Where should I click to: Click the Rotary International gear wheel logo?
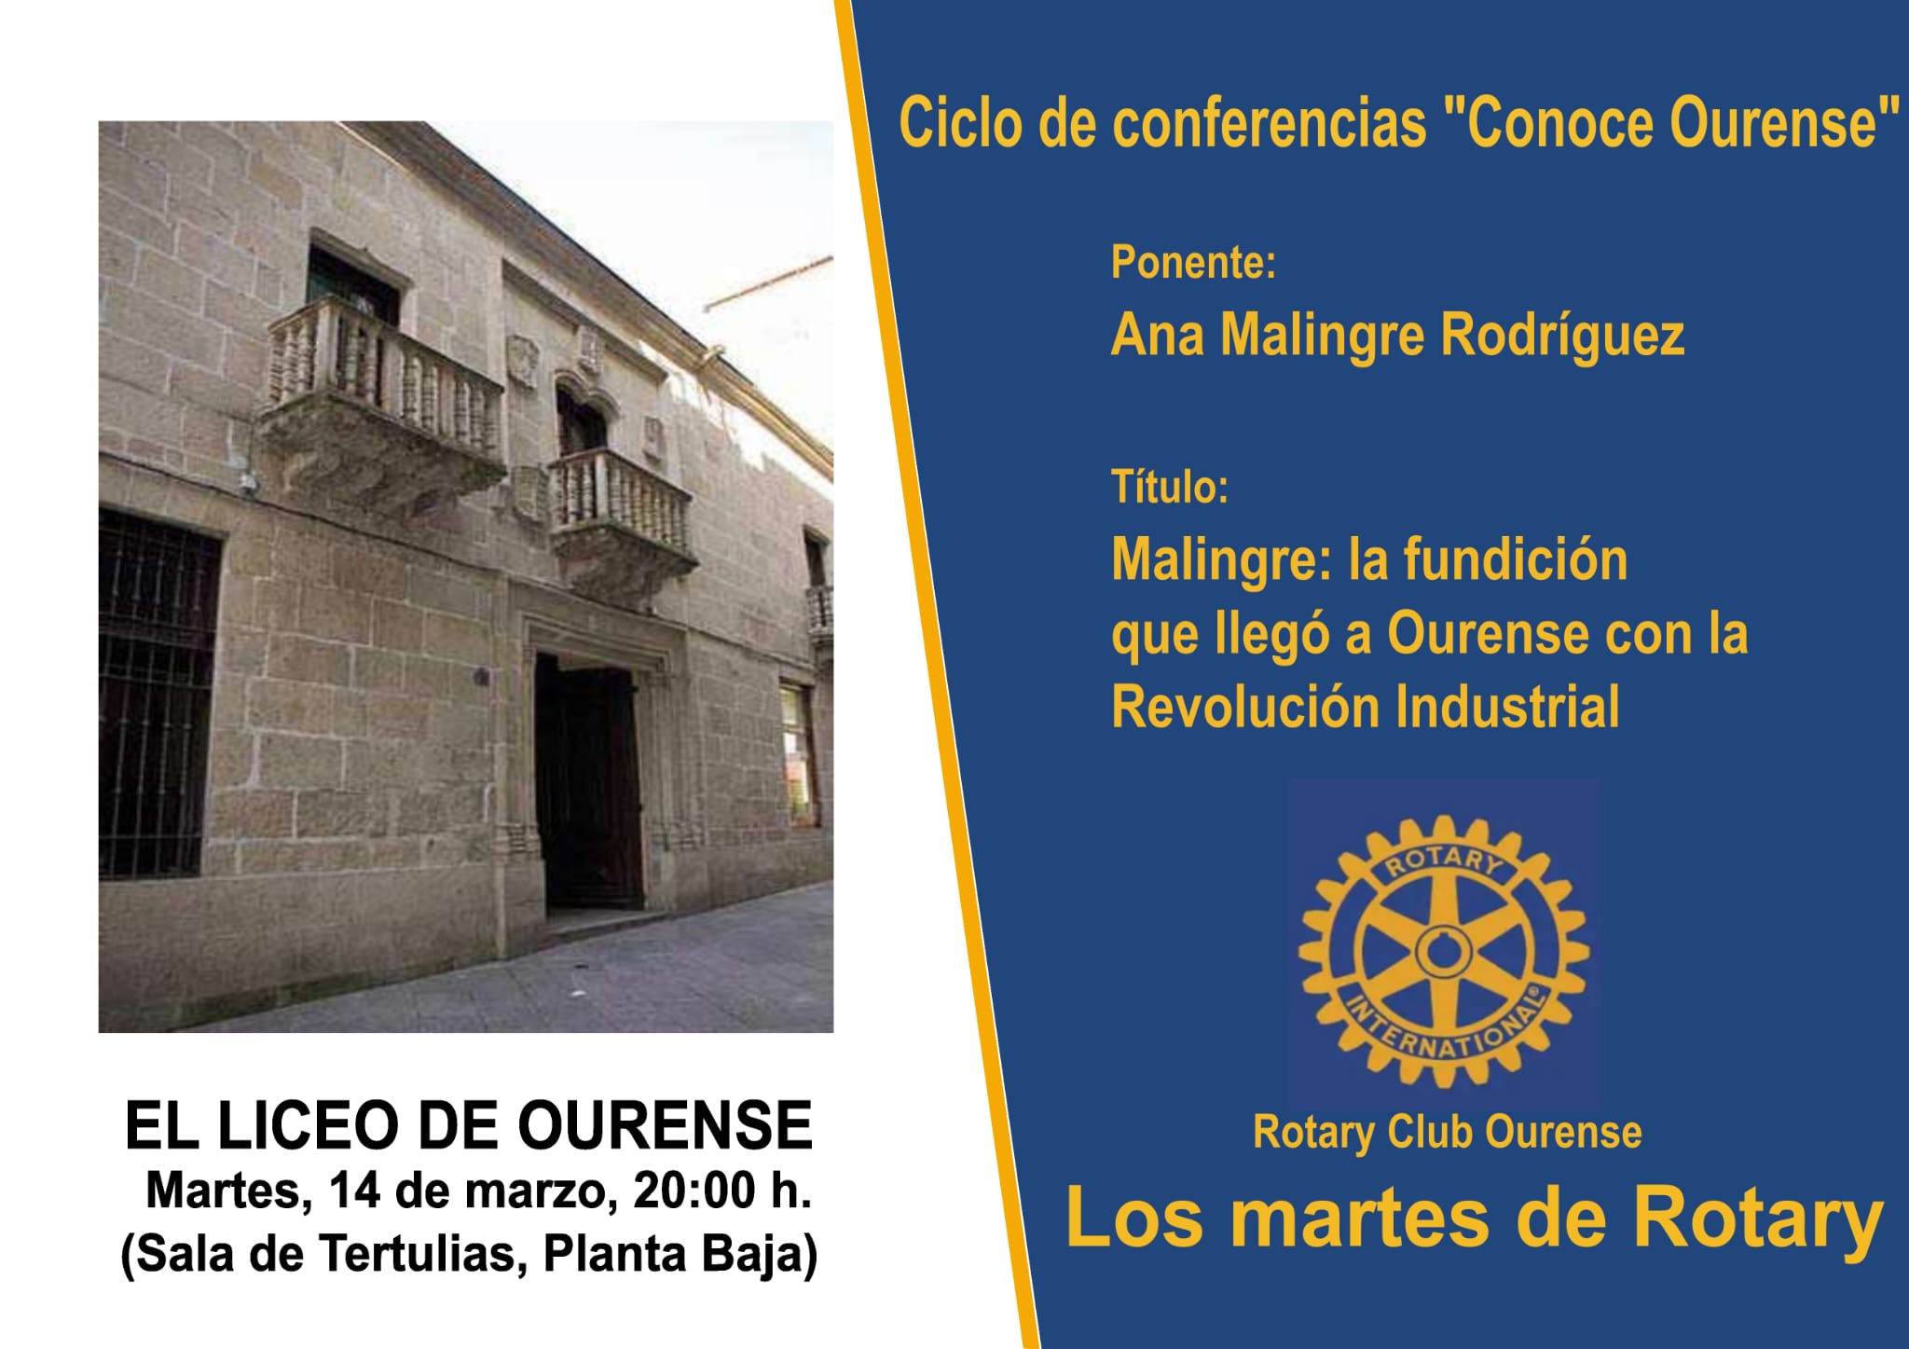(x=1444, y=952)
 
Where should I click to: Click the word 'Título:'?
(x=1170, y=487)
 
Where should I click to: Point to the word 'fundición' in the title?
(x=1516, y=559)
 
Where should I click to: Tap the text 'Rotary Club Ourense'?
(x=1448, y=1132)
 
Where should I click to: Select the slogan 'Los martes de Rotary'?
(x=1475, y=1218)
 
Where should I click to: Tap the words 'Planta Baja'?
(x=680, y=1254)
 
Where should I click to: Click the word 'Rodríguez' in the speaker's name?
(x=1563, y=335)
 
